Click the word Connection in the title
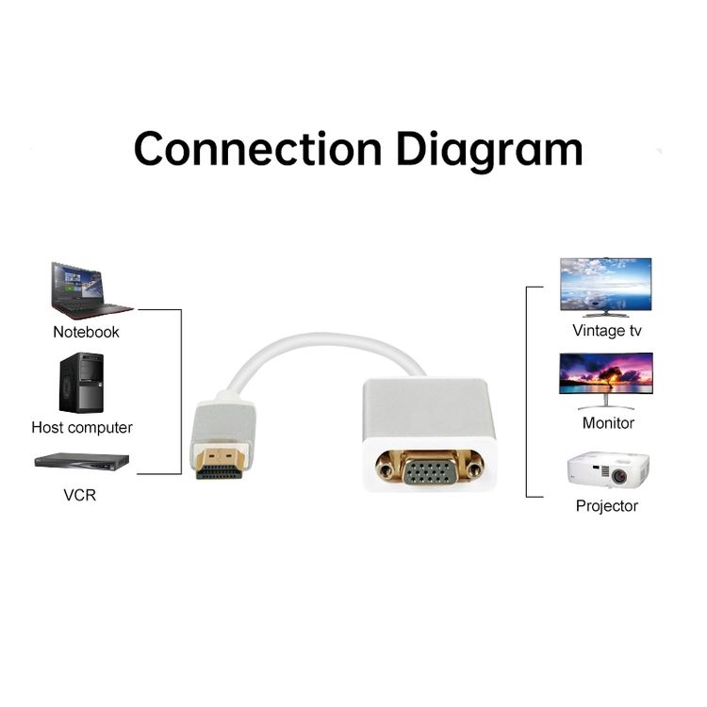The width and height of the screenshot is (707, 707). tap(258, 149)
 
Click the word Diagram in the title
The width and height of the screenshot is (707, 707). tap(489, 152)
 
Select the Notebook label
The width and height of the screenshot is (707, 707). tap(86, 333)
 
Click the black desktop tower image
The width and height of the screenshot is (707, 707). tap(82, 383)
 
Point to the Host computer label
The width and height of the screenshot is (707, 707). tap(82, 427)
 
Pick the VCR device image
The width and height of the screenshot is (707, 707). tap(82, 462)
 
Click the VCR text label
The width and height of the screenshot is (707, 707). tap(80, 495)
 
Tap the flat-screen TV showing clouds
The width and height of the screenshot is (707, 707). tap(606, 287)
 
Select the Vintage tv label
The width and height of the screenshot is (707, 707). tap(607, 331)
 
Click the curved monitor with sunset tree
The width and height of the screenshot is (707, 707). tap(606, 381)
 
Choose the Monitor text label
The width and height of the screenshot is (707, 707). tap(608, 423)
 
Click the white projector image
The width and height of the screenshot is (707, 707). tap(608, 470)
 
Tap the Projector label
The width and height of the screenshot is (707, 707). tap(607, 506)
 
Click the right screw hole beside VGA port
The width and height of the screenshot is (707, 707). tap(473, 470)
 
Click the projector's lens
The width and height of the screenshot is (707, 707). tap(619, 475)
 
